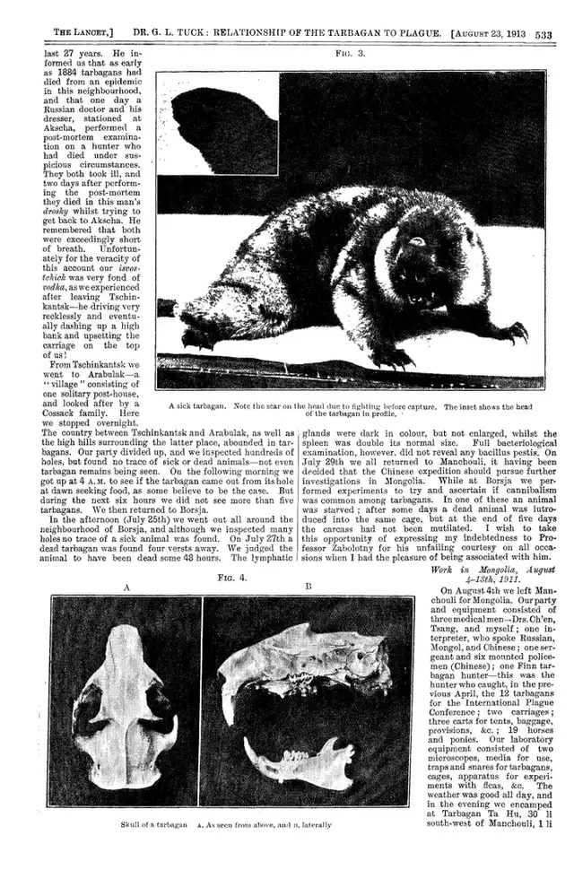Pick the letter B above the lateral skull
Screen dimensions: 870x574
click(308, 587)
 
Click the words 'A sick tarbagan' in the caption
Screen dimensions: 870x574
click(198, 405)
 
